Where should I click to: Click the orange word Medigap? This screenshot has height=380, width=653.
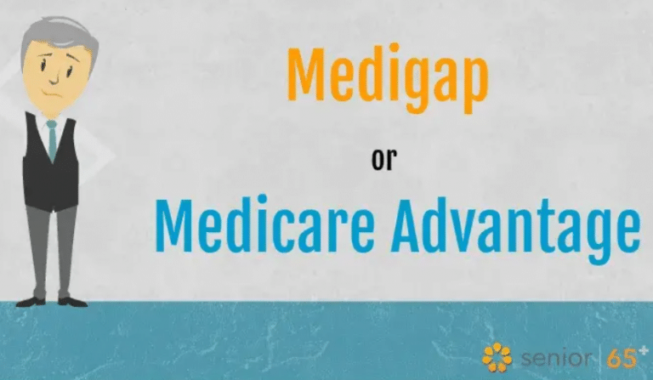pos(388,77)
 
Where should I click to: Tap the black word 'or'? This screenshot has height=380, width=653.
pos(384,160)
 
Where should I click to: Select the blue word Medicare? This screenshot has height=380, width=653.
pos(265,224)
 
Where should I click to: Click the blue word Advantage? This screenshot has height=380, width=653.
pos(514,227)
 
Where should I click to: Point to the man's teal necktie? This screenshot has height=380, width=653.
pos(52,140)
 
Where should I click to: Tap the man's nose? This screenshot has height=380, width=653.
pos(54,77)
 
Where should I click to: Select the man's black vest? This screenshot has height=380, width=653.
pos(51,167)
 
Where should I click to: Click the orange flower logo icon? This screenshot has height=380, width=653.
pos(497,357)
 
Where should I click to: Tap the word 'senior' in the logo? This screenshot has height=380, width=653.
pos(555,358)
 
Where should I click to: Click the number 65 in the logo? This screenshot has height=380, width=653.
pos(621,359)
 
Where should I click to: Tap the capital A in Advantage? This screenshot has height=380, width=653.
pos(409,224)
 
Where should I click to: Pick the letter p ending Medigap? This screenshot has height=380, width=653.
pos(474,85)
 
